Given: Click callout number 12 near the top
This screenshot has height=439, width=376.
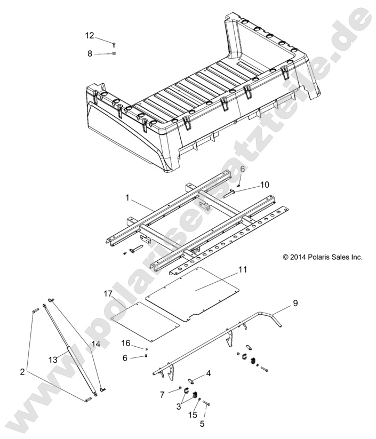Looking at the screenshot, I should pyautogui.click(x=89, y=36).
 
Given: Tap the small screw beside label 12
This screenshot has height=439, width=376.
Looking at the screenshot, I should pyautogui.click(x=115, y=42).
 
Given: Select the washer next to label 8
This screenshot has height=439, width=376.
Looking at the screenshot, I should pyautogui.click(x=115, y=54).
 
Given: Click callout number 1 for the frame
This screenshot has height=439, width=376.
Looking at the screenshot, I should pyautogui.click(x=127, y=197).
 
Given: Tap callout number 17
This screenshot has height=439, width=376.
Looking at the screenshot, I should pyautogui.click(x=108, y=293).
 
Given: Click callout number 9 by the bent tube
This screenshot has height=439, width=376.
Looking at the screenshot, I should pyautogui.click(x=310, y=303).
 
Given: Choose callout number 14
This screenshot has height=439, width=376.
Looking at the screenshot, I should pyautogui.click(x=96, y=344).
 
